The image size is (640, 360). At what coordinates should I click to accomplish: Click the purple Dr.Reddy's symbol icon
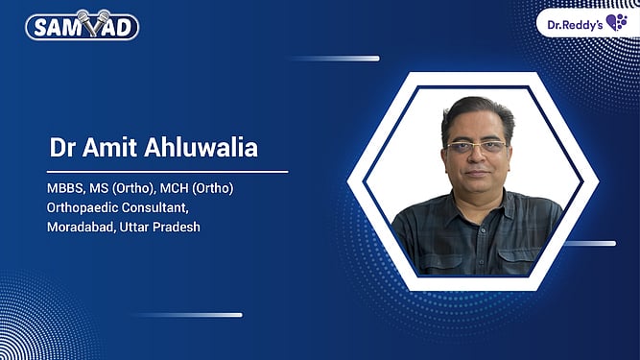click(616, 21)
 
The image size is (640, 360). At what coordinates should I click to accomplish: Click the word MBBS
click(68, 187)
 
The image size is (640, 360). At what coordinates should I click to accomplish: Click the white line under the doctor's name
click(168, 172)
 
